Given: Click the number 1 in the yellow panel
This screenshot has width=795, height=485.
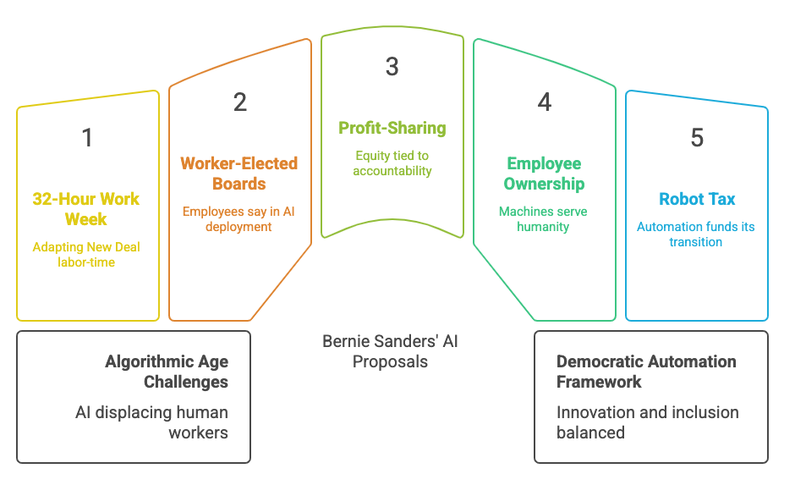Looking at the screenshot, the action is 87,137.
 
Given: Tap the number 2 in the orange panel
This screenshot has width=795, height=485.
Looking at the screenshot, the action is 240,102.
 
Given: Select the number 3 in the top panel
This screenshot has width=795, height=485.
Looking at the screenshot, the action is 392,67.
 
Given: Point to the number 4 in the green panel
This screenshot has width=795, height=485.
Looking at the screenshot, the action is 544,102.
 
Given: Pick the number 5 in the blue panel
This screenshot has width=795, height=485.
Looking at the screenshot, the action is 697,137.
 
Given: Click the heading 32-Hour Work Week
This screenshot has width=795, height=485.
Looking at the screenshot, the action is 86,209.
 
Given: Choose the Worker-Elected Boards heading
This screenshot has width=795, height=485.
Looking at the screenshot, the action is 239,174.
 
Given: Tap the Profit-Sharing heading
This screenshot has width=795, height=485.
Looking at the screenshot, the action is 392,128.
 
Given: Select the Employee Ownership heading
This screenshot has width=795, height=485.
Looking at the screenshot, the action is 544,174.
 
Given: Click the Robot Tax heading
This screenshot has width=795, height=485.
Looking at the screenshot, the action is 697,199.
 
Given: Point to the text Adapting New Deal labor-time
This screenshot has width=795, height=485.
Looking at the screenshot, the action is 86,255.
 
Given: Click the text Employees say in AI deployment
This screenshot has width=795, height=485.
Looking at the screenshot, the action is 240,219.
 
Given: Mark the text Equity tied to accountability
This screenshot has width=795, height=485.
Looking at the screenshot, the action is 392,163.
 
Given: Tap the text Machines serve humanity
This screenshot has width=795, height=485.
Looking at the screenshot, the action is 543,219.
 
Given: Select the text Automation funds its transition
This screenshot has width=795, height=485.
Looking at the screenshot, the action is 696,234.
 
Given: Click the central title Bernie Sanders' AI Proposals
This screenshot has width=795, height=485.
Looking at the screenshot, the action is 390,351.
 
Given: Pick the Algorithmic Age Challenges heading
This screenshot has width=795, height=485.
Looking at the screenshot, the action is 167,372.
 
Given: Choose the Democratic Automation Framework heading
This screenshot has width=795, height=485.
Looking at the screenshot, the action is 646,372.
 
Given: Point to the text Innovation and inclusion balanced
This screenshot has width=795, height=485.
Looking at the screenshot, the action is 647,422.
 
